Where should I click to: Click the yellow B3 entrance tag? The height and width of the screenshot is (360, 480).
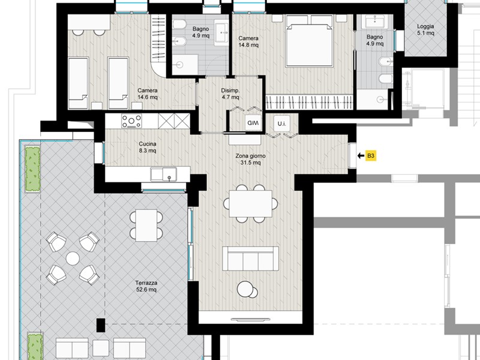pos(371,156)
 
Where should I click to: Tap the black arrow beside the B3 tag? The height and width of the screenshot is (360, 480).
pos(361,156)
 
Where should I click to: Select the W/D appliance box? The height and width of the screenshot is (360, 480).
pos(253,123)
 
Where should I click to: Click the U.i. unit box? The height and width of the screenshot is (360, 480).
pos(281,124)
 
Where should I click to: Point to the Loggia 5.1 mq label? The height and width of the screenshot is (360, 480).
pos(425,29)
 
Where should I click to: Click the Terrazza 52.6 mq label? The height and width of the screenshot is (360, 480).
pos(146,286)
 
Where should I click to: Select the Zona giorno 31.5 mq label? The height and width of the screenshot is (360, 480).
pos(250,159)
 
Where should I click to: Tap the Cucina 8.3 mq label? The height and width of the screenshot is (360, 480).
pos(148,147)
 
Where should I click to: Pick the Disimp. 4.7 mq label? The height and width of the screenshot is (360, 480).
pos(230,94)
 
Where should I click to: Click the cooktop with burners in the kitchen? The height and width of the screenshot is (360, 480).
pos(131,121)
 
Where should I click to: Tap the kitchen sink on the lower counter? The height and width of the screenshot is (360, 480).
pos(163,174)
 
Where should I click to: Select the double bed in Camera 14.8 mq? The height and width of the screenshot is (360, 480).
pos(309,41)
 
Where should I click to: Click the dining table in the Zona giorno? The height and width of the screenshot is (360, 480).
pos(250,203)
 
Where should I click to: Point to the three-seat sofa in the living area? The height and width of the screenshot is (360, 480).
pos(250,259)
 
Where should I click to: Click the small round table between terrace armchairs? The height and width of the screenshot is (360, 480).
pos(73,259)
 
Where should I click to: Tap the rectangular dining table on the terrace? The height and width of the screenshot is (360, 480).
pos(146,226)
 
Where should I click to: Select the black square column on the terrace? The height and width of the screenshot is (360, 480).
pos(101,325)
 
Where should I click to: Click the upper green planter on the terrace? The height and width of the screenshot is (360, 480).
pos(32,169)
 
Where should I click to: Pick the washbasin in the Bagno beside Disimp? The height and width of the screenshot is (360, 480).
pos(221,32)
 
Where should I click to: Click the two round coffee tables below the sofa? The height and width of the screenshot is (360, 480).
pos(247,290)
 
